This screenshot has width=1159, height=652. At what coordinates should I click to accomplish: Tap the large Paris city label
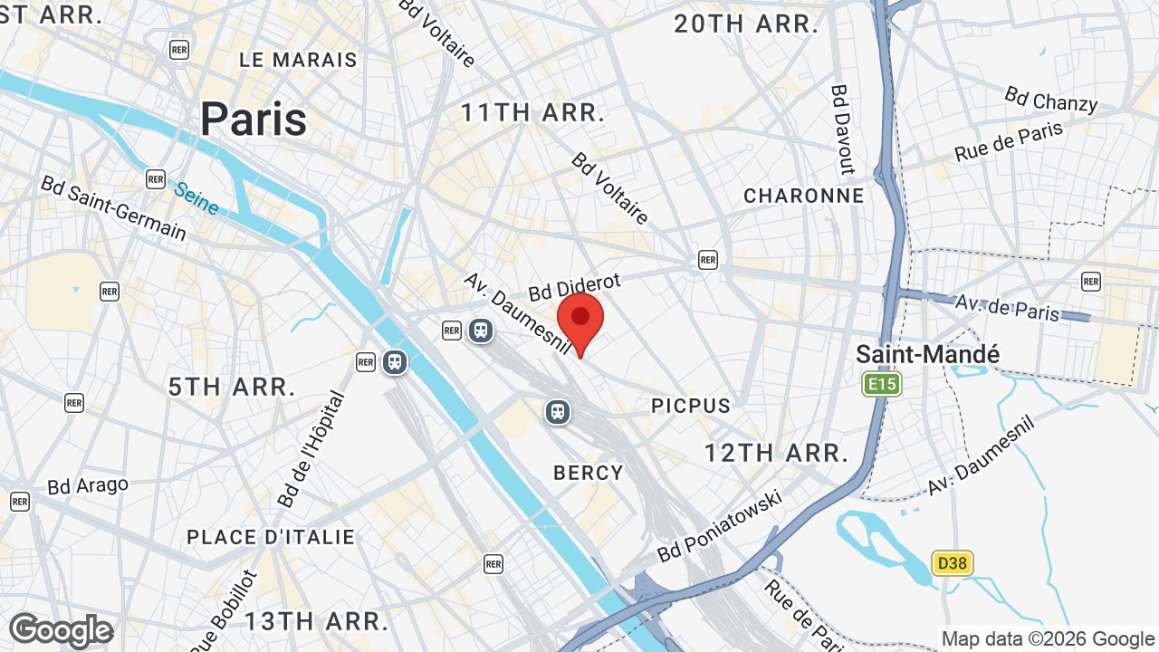[254, 119]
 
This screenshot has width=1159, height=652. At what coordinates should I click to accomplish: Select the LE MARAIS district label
[298, 60]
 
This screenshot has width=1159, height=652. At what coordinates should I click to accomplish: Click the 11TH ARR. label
[532, 113]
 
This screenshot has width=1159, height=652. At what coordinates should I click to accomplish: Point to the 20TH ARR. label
[746, 24]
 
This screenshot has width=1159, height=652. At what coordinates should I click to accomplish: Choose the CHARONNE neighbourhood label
[804, 196]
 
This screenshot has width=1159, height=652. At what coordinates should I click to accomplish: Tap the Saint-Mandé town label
[928, 354]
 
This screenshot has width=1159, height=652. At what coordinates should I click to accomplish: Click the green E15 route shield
[882, 385]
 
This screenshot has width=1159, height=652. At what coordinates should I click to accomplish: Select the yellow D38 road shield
[953, 563]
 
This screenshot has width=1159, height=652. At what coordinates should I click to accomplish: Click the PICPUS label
[691, 406]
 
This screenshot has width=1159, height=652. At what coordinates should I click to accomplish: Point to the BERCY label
[589, 472]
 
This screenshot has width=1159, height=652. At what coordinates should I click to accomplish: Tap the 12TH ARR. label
[777, 453]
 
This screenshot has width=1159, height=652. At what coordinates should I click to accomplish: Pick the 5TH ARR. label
[232, 387]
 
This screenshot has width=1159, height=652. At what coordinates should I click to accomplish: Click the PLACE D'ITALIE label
[271, 537]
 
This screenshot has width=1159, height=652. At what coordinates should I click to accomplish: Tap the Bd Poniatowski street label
[720, 525]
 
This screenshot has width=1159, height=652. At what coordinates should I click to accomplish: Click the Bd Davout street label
[843, 129]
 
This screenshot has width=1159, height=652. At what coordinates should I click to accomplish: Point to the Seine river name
[196, 199]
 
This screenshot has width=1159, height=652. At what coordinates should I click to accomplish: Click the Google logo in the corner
[61, 630]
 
